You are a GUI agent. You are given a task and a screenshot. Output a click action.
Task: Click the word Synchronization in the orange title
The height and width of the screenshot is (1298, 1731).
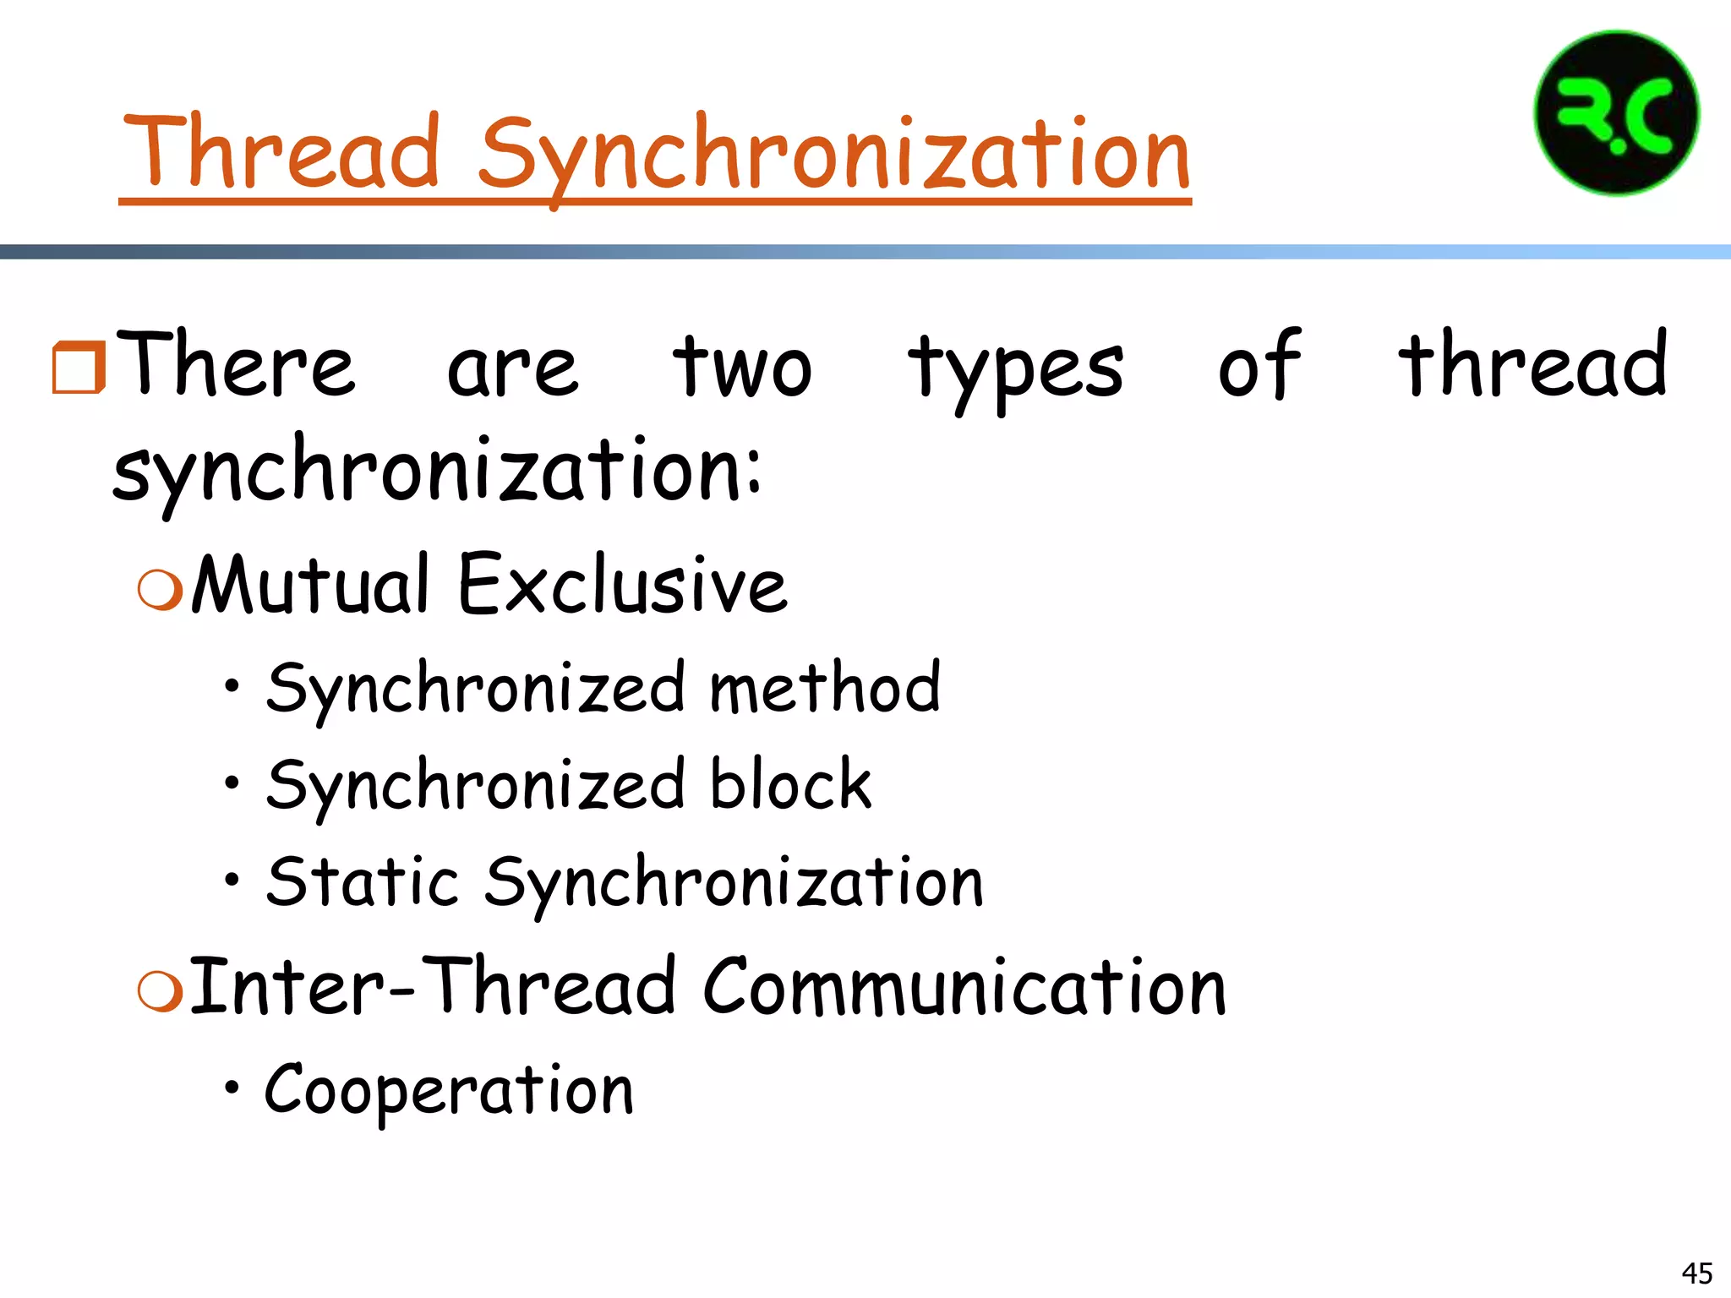834,156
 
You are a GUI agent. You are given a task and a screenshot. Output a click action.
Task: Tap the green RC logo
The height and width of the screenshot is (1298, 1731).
1616,114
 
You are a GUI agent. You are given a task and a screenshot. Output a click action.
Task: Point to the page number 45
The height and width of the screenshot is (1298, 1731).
1696,1273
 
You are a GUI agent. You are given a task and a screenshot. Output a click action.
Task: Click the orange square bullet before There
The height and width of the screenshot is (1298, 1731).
78,368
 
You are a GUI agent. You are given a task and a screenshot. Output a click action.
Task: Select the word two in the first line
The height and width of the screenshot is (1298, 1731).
742,367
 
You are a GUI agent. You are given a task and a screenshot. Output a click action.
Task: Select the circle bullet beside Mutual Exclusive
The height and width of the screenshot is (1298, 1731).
159,589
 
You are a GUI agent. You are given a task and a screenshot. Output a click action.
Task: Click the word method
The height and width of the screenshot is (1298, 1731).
824,687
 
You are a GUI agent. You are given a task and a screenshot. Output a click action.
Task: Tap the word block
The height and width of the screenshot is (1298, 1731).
789,784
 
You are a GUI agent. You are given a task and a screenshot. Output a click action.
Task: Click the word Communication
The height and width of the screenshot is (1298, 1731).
964,986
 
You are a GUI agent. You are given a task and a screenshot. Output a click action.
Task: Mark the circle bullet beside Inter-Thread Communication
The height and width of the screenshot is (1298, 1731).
159,990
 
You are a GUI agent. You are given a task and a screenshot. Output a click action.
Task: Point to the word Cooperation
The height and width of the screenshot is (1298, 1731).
449,1090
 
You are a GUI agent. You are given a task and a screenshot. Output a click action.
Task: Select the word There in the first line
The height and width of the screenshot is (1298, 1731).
238,365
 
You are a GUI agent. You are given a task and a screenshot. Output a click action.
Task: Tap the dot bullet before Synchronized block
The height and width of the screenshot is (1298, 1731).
232,783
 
